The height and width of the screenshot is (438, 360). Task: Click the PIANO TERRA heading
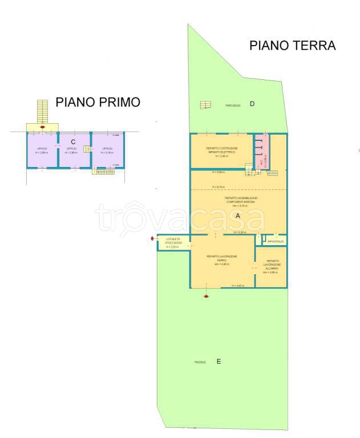(292, 46)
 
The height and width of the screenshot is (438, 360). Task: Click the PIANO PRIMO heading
(98, 102)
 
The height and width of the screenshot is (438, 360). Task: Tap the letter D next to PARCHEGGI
(251, 103)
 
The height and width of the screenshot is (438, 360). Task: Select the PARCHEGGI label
(232, 106)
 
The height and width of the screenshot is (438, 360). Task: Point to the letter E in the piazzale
(219, 362)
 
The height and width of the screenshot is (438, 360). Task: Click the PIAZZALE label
(199, 363)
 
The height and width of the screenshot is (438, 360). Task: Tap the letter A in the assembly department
(238, 217)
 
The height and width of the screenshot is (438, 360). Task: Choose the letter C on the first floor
(73, 141)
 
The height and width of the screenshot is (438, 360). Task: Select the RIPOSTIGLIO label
(276, 242)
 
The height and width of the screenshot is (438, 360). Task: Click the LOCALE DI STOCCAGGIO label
(173, 241)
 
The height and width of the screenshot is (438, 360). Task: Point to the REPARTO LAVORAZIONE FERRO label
(223, 258)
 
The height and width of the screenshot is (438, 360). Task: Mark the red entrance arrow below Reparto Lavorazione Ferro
(207, 296)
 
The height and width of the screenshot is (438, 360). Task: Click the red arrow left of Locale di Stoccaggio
(152, 238)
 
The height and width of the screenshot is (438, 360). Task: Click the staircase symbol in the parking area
(205, 104)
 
